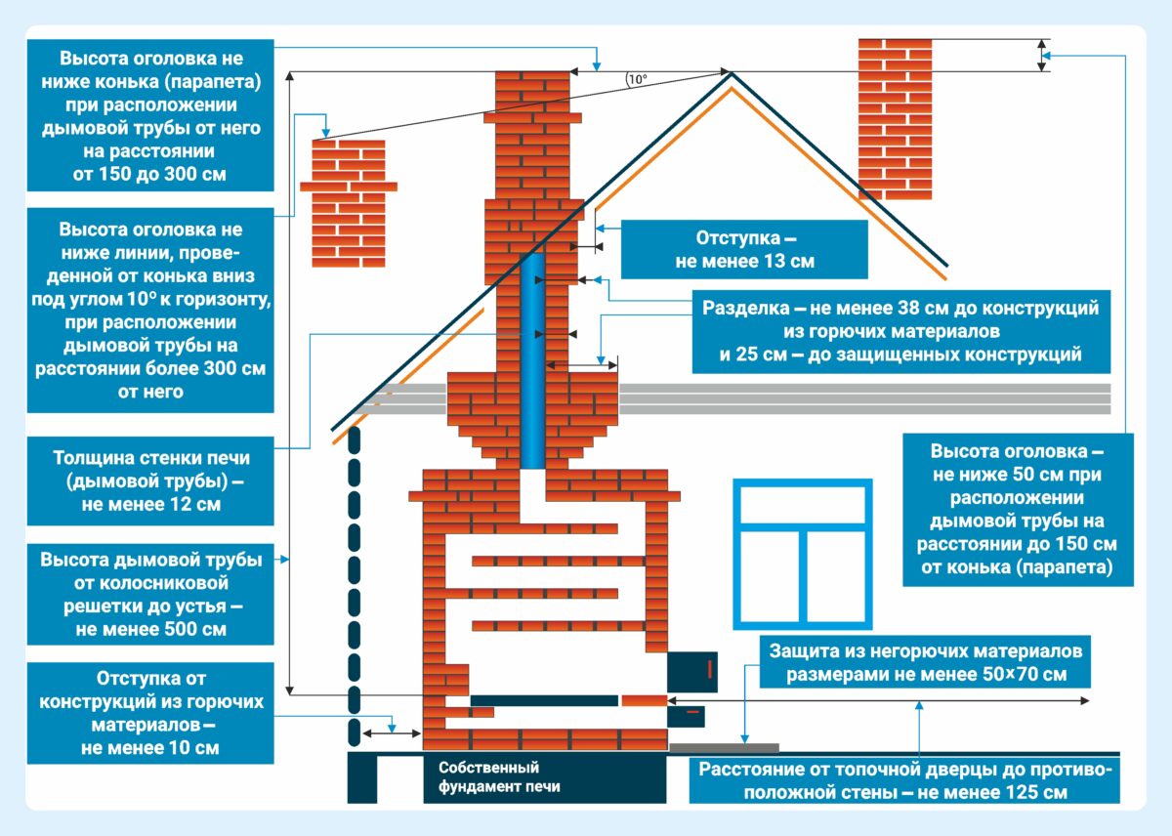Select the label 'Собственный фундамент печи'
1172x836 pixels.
(x=488, y=777)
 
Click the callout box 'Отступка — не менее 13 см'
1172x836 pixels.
(x=743, y=250)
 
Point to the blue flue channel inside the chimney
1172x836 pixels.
(x=532, y=361)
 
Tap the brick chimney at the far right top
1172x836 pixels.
(x=894, y=117)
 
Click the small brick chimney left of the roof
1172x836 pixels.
(x=348, y=200)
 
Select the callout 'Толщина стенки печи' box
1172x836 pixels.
(x=151, y=481)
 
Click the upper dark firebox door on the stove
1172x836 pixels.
(x=692, y=671)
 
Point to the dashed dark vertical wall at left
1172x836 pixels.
(x=356, y=586)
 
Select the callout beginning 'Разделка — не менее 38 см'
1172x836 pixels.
(x=900, y=331)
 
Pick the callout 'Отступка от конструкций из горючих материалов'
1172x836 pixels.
(x=151, y=713)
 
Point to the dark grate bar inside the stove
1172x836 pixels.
(x=544, y=700)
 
